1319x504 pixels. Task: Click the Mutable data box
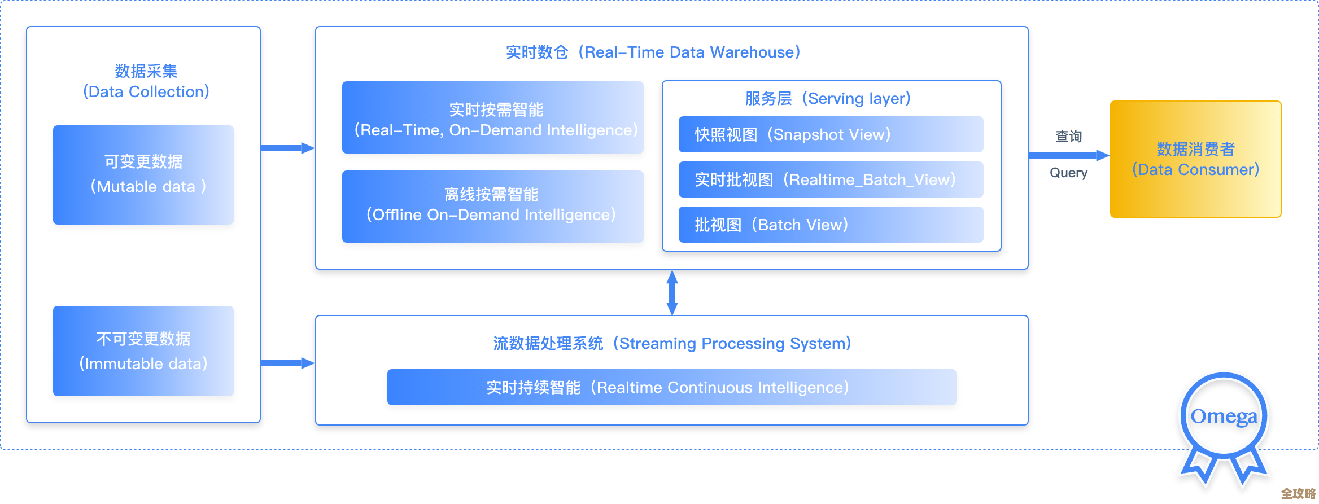143,175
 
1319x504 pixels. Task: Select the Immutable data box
143,351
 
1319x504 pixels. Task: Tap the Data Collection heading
146,81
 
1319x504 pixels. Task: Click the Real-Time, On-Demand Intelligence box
492,117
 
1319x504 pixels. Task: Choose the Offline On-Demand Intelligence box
492,207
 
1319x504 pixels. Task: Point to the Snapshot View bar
831,134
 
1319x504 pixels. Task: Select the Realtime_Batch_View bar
831,179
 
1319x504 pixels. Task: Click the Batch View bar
831,225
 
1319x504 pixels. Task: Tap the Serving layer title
828,99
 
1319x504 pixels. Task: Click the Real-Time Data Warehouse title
653,52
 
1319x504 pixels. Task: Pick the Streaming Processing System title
672,343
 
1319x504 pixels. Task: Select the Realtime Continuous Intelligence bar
671,387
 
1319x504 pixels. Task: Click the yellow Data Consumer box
1195,159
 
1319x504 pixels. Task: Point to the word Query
1068,173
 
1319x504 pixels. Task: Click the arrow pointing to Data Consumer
1068,155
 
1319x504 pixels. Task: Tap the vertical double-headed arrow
672,292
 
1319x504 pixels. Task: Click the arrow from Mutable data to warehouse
287,148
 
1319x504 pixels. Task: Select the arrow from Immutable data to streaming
287,363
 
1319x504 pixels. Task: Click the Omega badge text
1224,417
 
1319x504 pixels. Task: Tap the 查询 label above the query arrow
1068,136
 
